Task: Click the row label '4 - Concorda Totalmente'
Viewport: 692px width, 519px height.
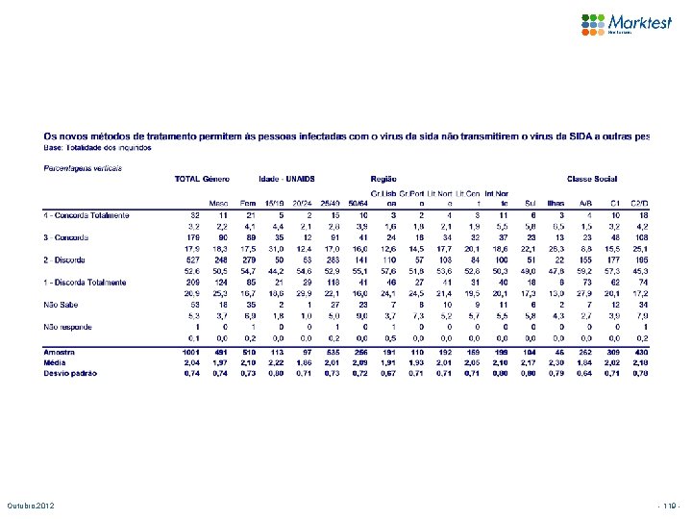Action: (86, 214)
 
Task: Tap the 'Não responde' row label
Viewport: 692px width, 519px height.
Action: (68, 328)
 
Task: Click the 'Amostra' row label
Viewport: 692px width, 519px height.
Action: (60, 353)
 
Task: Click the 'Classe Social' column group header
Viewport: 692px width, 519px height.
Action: (589, 179)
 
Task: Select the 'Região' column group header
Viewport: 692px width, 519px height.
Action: (384, 179)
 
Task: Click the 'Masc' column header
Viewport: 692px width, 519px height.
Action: (219, 203)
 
